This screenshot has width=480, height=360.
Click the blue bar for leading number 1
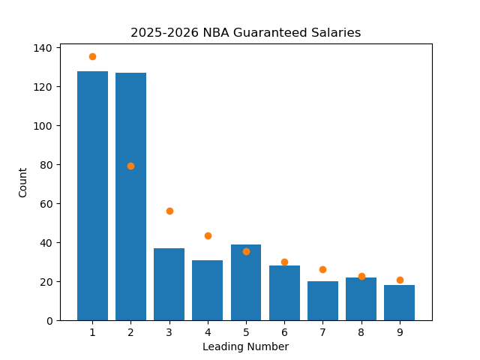click(x=92, y=196)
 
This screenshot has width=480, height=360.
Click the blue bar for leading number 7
click(x=322, y=301)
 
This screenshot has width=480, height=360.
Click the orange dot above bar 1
click(x=92, y=56)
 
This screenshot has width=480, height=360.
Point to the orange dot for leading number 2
click(x=130, y=166)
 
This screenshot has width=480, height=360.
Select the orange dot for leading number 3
click(x=169, y=211)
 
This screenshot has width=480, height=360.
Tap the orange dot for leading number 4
click(x=208, y=235)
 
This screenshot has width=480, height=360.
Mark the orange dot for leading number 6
click(x=284, y=262)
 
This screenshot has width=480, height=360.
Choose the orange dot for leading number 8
click(x=361, y=276)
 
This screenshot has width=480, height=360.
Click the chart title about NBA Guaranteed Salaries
click(x=245, y=33)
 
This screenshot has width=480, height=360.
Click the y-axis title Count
click(x=23, y=182)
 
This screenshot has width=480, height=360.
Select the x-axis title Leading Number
click(x=245, y=346)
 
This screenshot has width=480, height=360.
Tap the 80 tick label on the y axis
click(x=46, y=165)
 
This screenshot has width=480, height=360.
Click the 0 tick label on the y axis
click(x=49, y=321)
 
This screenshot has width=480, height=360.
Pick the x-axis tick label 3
click(x=169, y=332)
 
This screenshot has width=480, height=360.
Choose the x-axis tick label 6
click(x=284, y=332)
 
